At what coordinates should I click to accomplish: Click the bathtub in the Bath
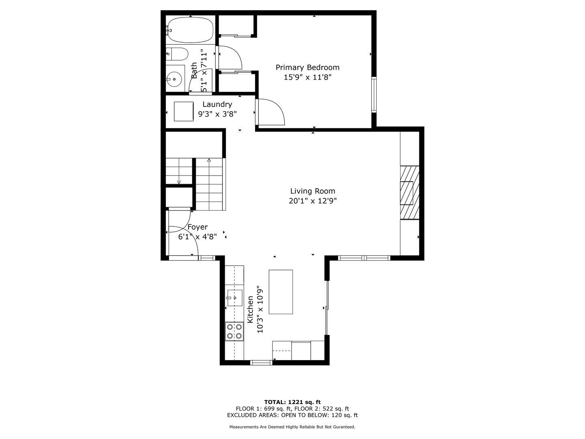click(x=190, y=30)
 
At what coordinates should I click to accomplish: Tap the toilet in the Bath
click(x=177, y=54)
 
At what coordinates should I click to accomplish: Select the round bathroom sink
click(x=174, y=78)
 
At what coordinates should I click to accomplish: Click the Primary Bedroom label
click(x=308, y=67)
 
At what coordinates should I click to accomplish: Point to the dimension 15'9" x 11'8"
click(x=308, y=77)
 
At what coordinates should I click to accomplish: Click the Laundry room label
click(x=217, y=104)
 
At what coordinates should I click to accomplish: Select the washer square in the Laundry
click(x=184, y=111)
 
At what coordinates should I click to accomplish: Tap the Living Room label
click(x=312, y=191)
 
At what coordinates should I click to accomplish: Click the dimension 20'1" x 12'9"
click(x=312, y=201)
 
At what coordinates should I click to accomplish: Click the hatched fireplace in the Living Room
click(x=409, y=192)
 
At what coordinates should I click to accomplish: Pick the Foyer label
click(x=197, y=227)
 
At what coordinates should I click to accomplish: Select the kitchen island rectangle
click(x=281, y=292)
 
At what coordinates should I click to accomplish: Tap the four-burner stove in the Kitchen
click(x=234, y=331)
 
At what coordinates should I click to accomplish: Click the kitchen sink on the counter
click(x=234, y=298)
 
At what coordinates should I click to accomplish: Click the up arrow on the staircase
click(x=209, y=161)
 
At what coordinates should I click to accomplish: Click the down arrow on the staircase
click(x=179, y=181)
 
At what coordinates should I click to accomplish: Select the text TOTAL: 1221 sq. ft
click(x=292, y=402)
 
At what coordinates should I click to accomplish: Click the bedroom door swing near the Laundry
click(x=271, y=112)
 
